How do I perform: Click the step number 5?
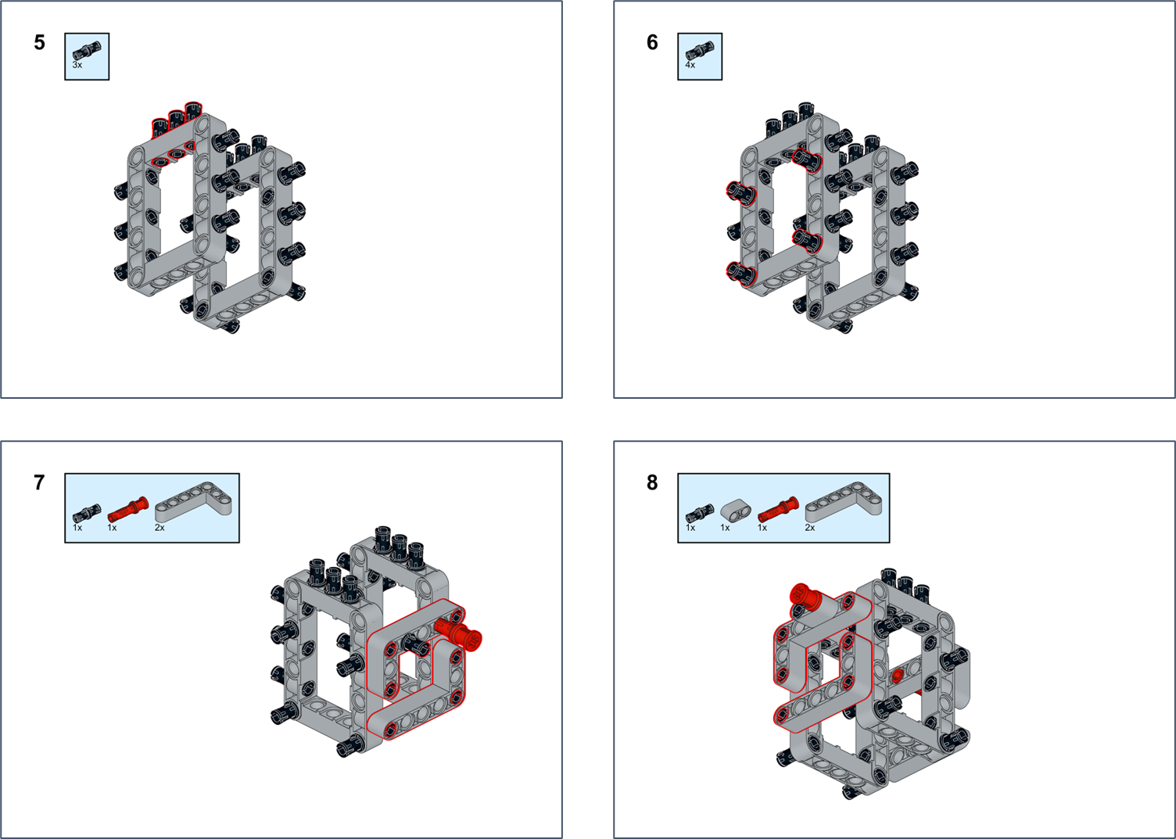[40, 43]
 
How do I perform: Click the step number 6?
[652, 43]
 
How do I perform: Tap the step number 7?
[40, 483]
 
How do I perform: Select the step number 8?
[652, 483]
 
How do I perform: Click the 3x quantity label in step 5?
[77, 66]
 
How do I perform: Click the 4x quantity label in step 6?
[690, 66]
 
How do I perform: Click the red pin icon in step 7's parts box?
[127, 510]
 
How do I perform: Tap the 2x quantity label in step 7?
[160, 529]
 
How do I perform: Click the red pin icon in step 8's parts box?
[777, 510]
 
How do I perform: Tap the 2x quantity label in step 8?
[810, 529]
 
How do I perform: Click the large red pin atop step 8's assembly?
[805, 597]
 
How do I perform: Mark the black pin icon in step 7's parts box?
[86, 513]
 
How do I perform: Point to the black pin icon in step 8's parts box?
[699, 513]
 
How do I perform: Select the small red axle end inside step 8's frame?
[898, 676]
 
